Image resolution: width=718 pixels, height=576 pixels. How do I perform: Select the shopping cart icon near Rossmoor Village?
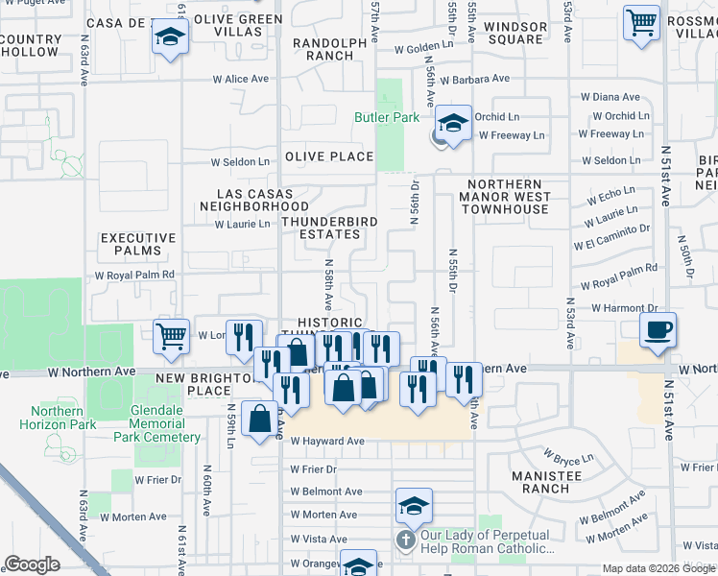pos(641,22)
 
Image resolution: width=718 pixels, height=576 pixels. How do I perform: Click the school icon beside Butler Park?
pos(453,124)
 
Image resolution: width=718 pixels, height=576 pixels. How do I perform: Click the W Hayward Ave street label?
pos(327,442)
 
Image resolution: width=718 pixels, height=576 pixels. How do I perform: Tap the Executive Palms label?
pos(138,245)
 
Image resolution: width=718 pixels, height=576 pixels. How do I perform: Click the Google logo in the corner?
pos(32,564)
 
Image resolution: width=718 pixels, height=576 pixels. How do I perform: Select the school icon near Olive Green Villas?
pos(171,37)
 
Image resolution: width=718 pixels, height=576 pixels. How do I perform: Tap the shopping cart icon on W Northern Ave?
pos(171,337)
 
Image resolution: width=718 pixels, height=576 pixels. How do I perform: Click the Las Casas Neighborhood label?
pos(254,199)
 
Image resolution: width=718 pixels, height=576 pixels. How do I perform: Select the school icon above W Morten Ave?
pos(414,505)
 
